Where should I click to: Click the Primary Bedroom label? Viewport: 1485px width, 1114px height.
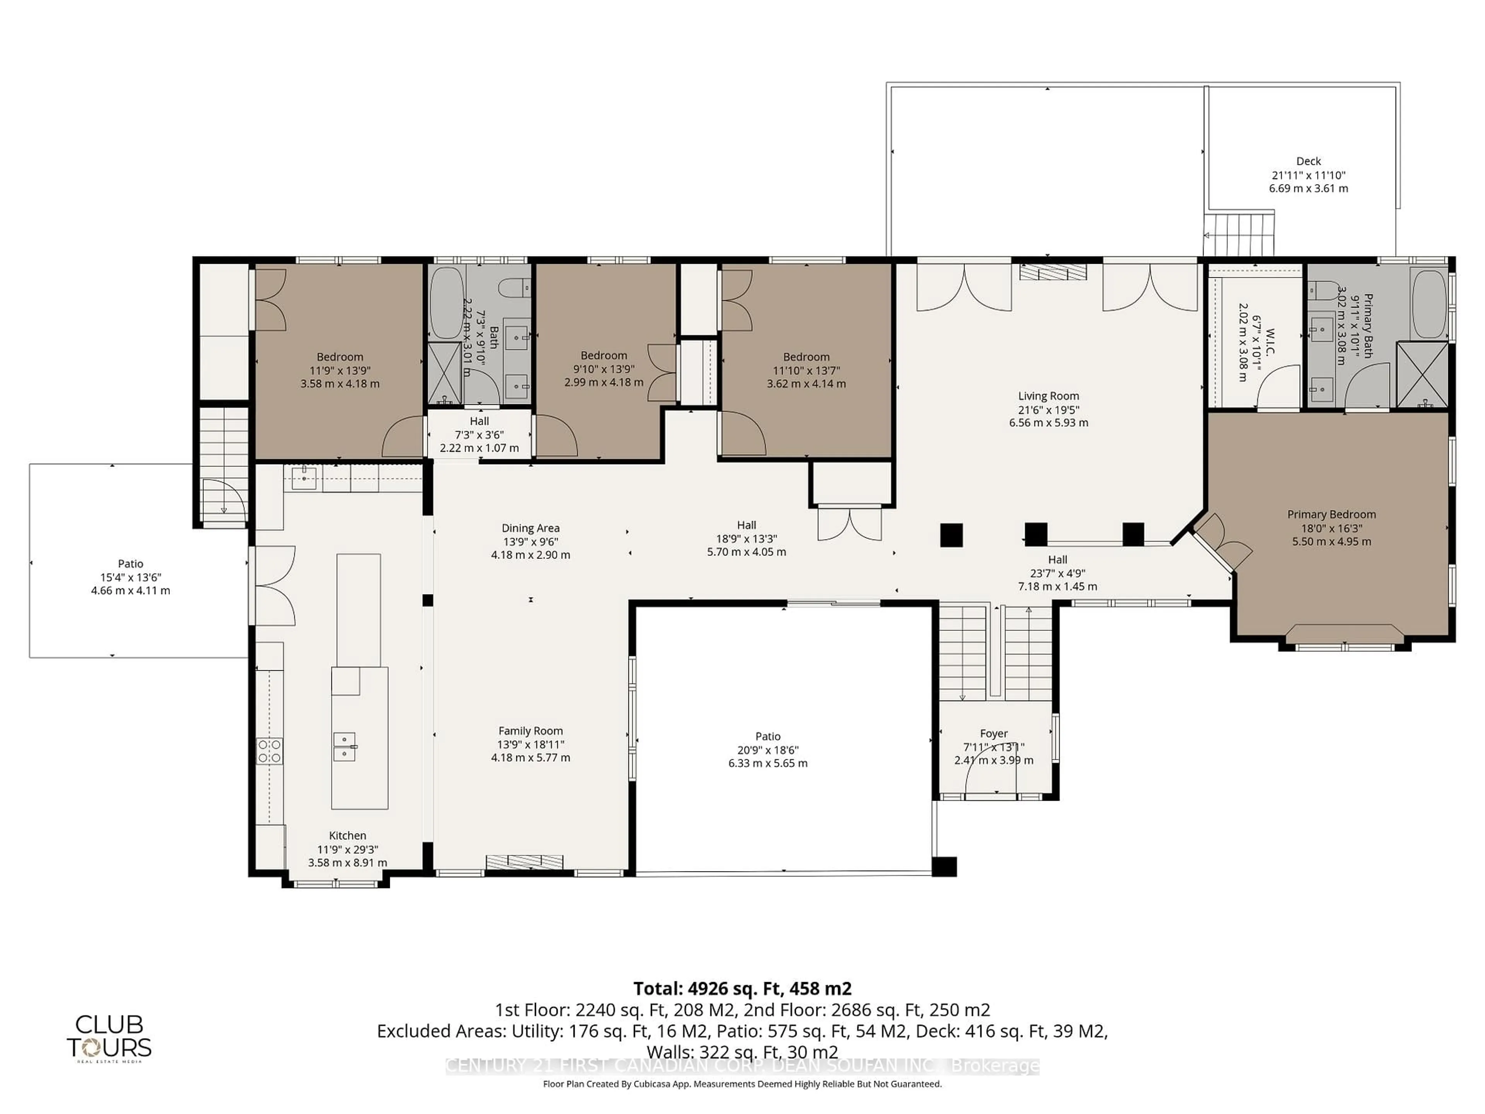(1331, 514)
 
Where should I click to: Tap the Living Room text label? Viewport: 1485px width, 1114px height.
(1048, 396)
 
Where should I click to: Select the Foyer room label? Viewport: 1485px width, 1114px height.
(993, 734)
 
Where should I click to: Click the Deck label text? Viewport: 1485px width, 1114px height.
(1308, 161)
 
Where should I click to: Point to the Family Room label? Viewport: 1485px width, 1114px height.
(530, 731)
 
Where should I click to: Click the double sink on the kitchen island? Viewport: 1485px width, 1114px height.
(345, 747)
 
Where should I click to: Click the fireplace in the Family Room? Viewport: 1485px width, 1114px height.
(524, 861)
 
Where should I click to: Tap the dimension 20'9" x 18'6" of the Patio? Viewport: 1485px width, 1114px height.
(767, 750)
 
